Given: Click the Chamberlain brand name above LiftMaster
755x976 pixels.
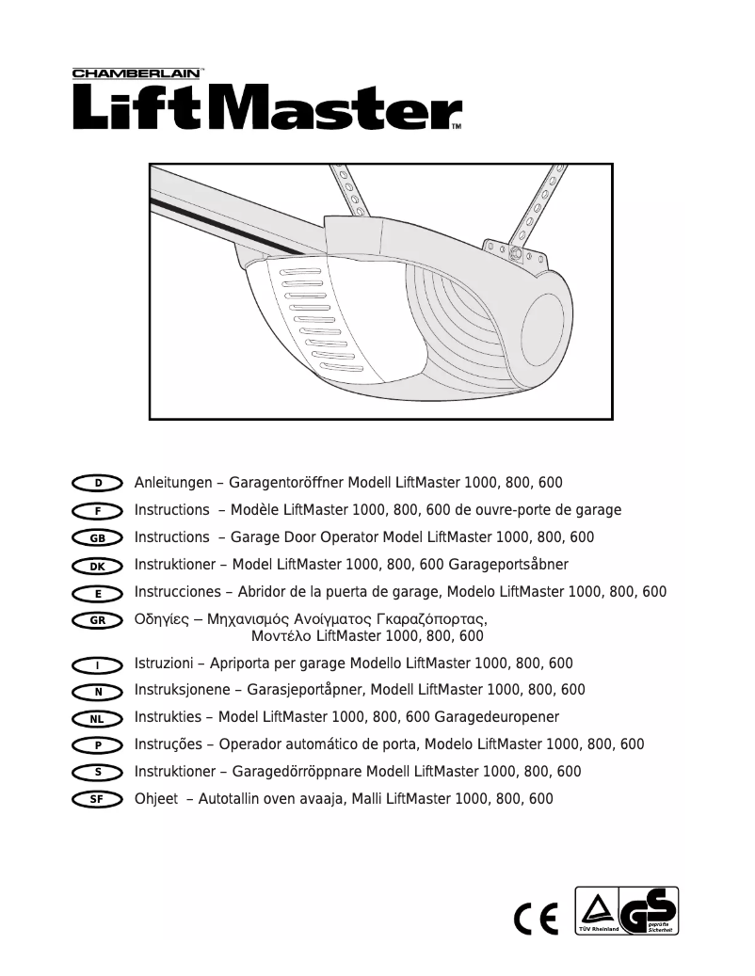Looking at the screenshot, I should coord(138,72).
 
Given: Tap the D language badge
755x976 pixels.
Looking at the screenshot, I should coord(98,483).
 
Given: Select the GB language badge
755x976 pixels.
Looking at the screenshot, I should coord(98,537).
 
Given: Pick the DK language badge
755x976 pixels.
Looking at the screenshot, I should coord(98,566).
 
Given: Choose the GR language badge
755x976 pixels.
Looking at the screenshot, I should coord(98,620).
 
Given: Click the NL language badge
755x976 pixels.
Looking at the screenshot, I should coord(98,718).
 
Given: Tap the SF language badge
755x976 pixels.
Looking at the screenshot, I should coord(98,800).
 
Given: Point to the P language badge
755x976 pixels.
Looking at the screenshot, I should coord(98,745).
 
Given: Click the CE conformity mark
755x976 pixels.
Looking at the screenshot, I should coord(537,916).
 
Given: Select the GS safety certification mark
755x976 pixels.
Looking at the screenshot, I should coord(651,912).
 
